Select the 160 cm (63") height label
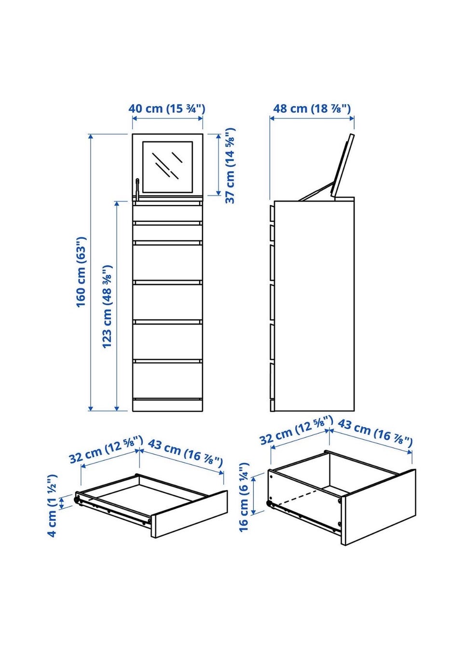(81, 272)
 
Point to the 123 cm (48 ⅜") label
(107, 306)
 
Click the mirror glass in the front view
(167, 167)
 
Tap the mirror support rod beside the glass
(137, 189)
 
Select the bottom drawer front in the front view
(167, 380)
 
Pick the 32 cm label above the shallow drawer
(106, 454)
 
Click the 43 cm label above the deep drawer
(375, 431)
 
